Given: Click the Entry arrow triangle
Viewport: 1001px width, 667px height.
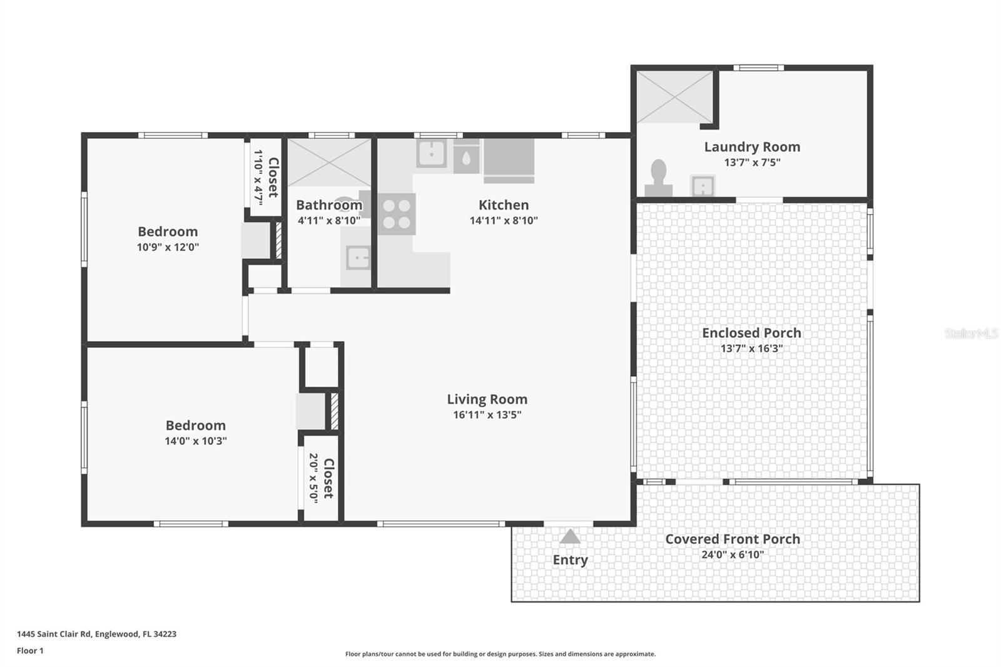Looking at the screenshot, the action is [570, 536].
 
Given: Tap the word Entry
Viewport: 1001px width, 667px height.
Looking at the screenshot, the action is [570, 560].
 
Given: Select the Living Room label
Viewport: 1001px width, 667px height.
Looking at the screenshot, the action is [487, 399].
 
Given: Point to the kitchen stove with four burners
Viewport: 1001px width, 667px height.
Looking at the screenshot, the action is [397, 214].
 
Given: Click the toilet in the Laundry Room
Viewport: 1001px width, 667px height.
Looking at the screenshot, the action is [658, 178].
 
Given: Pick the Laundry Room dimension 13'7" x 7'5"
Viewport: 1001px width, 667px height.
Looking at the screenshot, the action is [752, 162].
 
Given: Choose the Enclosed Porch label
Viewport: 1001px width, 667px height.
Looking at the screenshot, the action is [751, 333].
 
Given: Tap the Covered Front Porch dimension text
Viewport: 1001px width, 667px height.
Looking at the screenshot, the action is [733, 555].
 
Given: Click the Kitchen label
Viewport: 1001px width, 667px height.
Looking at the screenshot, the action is [504, 205].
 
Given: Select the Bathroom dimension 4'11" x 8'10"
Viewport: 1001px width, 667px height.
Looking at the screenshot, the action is [329, 220].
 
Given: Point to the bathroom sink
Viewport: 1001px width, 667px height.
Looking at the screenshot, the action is [358, 258].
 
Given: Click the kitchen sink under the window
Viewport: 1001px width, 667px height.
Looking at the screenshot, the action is [431, 153].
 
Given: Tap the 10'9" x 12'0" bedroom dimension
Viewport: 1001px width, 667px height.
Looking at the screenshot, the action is [168, 247].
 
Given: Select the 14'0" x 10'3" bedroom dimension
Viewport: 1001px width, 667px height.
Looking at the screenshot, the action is [196, 441].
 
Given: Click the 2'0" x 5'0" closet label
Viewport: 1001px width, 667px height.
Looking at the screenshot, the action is [322, 478].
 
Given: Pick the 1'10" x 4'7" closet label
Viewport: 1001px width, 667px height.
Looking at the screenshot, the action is [266, 178].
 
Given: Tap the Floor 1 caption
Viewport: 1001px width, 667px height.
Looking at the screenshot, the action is [30, 651].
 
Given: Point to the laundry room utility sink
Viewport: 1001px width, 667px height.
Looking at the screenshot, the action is [703, 186].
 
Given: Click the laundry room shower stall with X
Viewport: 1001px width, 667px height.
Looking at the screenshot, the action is [674, 96].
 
